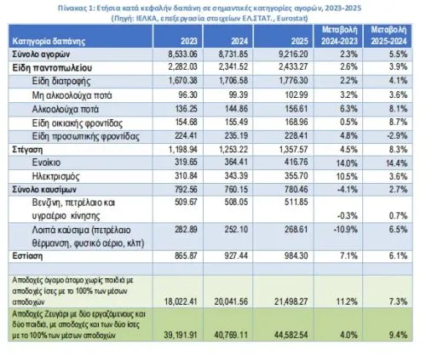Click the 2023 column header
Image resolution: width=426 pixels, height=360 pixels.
click(x=189, y=42)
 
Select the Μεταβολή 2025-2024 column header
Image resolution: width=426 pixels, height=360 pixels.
click(x=389, y=36)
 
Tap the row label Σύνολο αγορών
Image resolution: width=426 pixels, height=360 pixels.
click(x=41, y=54)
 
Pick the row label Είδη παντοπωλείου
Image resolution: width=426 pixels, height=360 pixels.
click(x=52, y=68)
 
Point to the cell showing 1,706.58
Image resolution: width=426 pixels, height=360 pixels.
click(x=233, y=81)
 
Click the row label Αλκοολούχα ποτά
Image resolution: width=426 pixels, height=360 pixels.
click(x=66, y=109)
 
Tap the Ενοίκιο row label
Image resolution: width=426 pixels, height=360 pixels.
click(x=46, y=163)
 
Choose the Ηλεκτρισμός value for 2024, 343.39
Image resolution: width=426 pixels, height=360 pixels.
click(x=236, y=176)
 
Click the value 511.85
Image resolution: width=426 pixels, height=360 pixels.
click(x=296, y=202)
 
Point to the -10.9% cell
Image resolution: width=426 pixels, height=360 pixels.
click(x=345, y=229)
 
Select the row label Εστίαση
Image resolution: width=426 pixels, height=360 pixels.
click(x=27, y=256)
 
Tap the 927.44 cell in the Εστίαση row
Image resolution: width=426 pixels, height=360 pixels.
click(x=236, y=256)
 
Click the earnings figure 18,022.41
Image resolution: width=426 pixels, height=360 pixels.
click(x=181, y=301)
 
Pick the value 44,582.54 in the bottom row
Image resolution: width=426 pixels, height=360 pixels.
click(x=291, y=334)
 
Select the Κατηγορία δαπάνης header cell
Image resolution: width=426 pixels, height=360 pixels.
click(x=49, y=42)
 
